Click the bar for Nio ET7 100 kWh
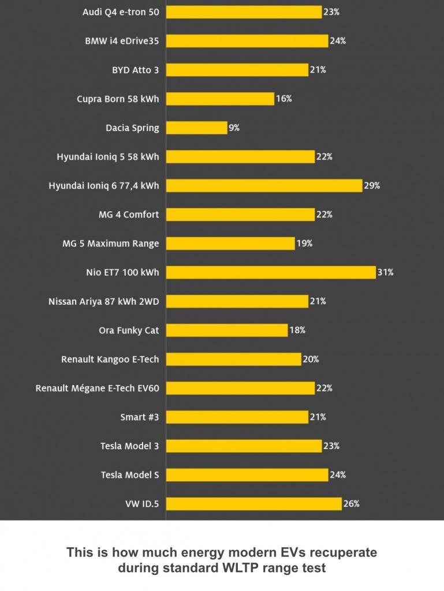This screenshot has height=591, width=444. [x=271, y=272]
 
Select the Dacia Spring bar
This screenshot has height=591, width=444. [x=196, y=128]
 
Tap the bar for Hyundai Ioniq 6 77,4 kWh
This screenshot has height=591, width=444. [x=264, y=185]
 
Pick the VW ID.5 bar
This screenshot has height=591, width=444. [x=253, y=504]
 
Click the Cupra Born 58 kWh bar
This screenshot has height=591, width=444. [x=220, y=99]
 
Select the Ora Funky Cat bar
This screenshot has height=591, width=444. [x=227, y=330]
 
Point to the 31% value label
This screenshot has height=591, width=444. [x=385, y=272]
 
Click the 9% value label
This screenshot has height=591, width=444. [x=234, y=128]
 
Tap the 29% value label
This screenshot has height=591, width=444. [x=372, y=185]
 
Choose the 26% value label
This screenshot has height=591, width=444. [x=351, y=504]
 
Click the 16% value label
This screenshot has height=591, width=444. [x=283, y=99]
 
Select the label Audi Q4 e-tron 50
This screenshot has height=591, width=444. [x=121, y=12]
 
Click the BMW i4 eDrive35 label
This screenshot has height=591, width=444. [x=122, y=41]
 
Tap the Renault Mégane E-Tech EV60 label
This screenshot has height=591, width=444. [x=98, y=388]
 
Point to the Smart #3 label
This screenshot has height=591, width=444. [x=139, y=417]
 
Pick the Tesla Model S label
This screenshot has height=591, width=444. [x=130, y=475]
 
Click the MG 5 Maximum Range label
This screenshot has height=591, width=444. [x=111, y=244]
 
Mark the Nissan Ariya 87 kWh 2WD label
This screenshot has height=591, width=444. [x=104, y=301]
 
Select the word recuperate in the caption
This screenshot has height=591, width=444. [x=341, y=553]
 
